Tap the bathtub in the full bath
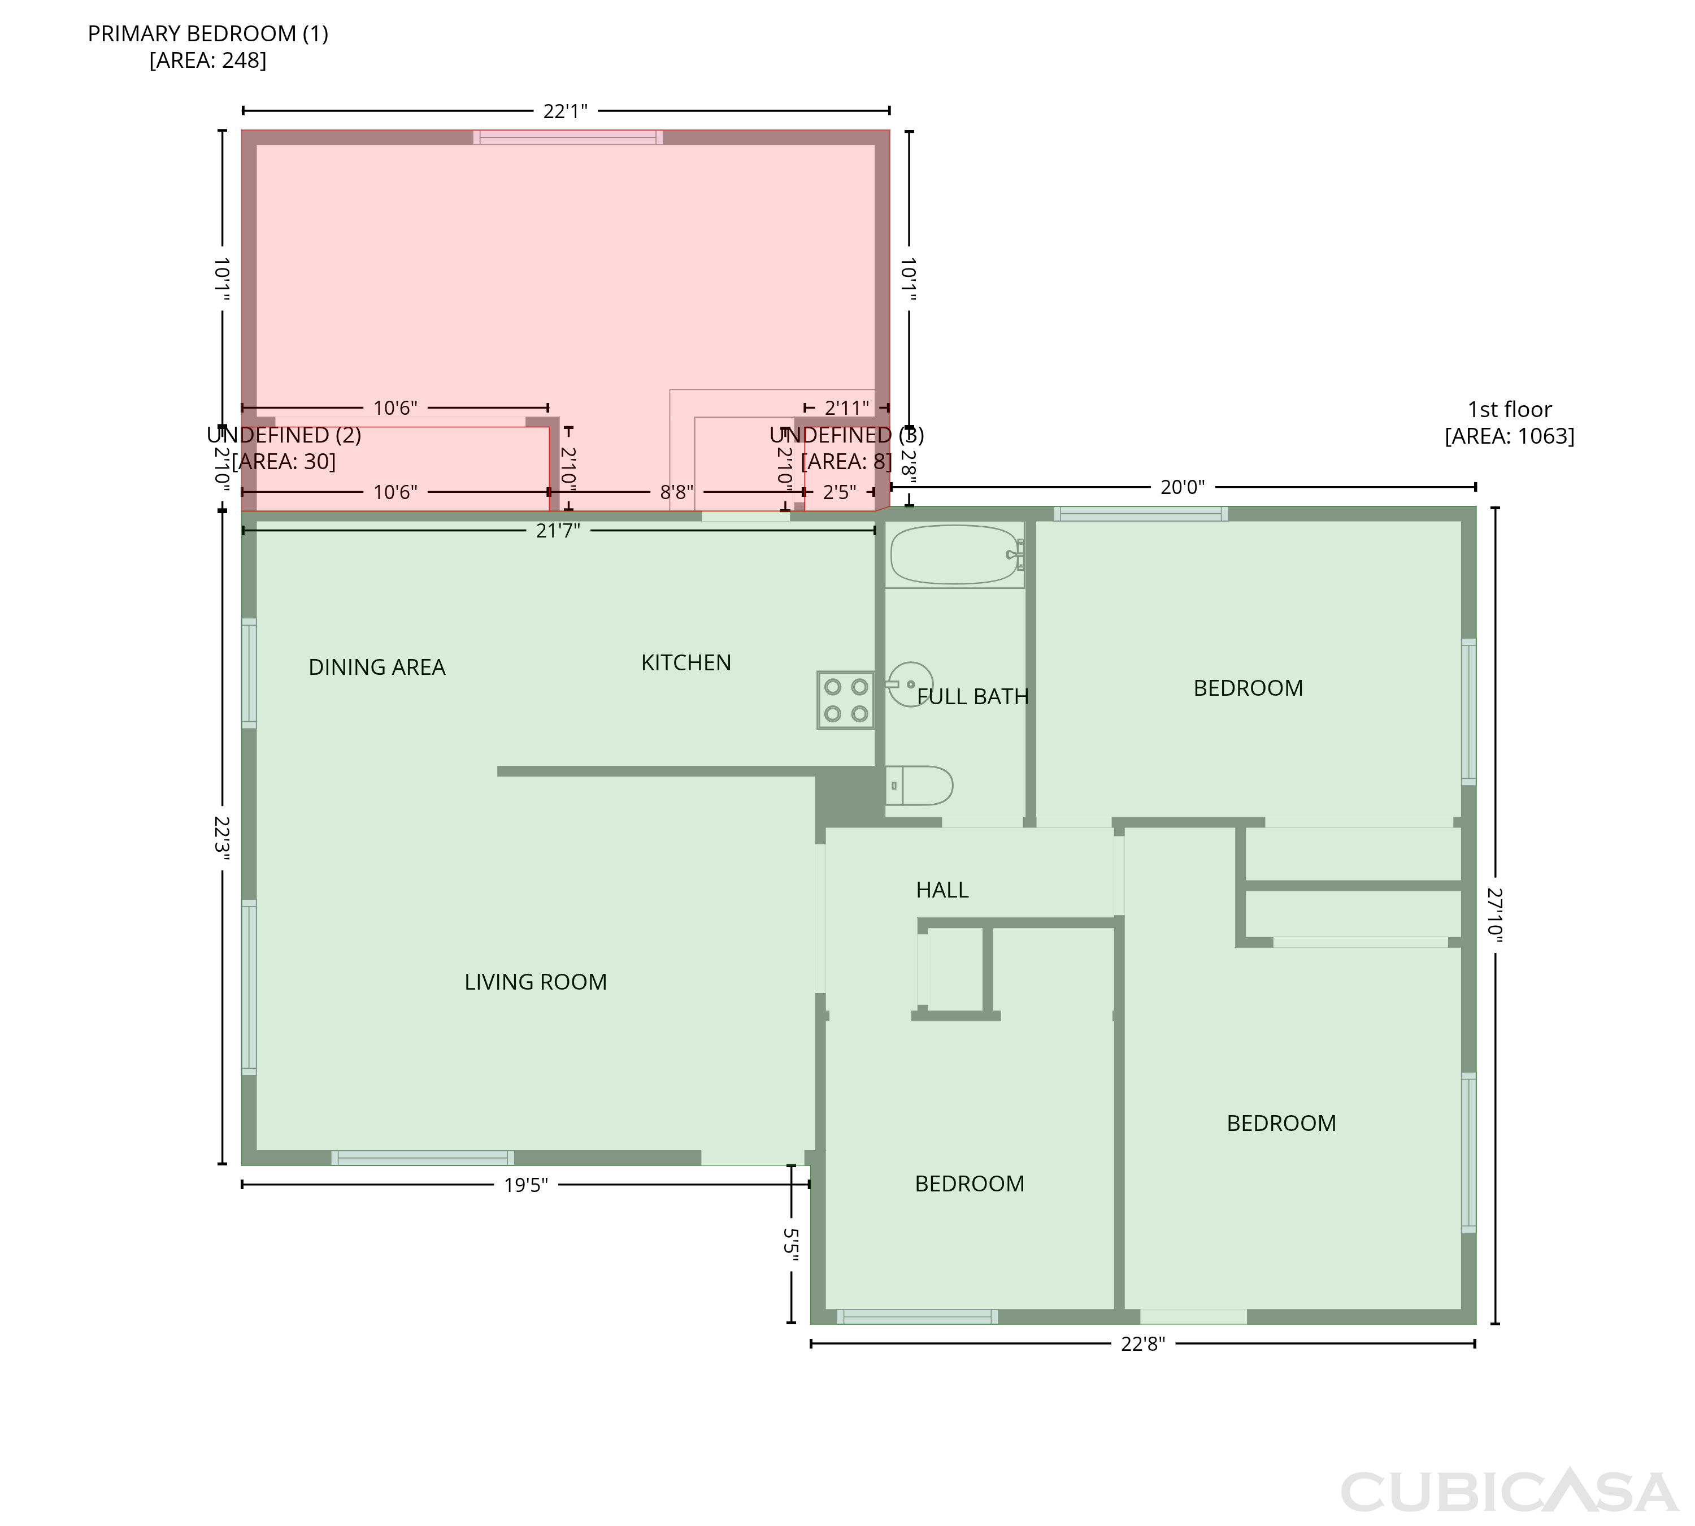point(955,554)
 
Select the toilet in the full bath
point(919,786)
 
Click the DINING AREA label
point(377,667)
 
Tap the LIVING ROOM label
point(536,982)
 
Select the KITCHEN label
point(686,663)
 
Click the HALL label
point(942,890)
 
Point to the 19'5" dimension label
point(525,1185)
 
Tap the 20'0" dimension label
point(1182,487)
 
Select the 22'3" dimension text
point(221,839)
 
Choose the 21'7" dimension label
point(558,531)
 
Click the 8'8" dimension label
point(676,492)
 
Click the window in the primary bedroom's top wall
point(567,137)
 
